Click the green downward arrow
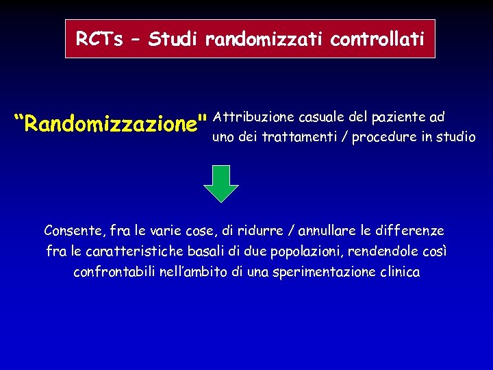point(222,183)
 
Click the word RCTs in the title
point(95,39)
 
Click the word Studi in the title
point(173,39)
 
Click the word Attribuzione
point(253,117)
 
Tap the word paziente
point(396,117)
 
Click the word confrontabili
point(113,272)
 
